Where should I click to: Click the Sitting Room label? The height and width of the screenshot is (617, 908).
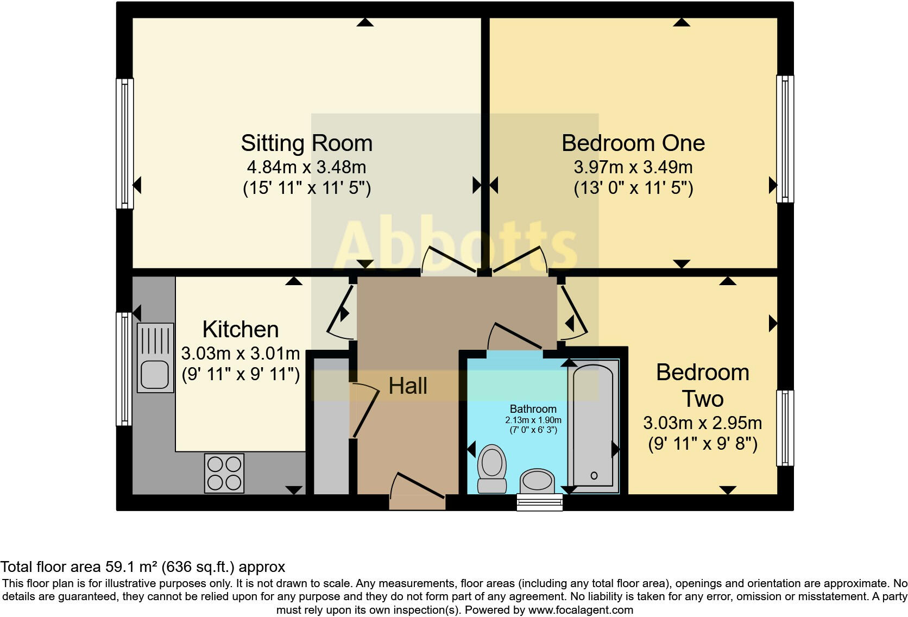(307, 143)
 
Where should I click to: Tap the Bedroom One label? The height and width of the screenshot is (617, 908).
(633, 143)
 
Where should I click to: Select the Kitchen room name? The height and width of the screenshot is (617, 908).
(241, 330)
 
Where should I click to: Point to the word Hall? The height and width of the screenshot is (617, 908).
(408, 386)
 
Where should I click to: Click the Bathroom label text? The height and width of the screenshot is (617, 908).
(533, 409)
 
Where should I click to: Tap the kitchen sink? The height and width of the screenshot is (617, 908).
(155, 357)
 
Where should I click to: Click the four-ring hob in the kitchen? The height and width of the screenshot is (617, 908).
(224, 473)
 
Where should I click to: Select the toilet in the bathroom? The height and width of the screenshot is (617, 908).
(492, 468)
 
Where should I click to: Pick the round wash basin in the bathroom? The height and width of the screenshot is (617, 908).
(537, 481)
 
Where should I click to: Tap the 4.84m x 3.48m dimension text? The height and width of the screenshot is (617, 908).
(307, 167)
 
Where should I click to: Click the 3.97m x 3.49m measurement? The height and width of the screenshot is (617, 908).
(633, 167)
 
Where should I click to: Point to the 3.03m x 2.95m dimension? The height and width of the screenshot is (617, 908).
(702, 423)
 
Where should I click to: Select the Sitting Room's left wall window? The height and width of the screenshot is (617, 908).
(125, 143)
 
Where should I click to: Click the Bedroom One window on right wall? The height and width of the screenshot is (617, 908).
(785, 139)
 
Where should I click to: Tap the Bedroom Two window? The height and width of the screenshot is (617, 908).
(785, 428)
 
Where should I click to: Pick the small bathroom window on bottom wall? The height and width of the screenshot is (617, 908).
(539, 502)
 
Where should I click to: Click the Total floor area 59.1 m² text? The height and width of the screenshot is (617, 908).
(143, 567)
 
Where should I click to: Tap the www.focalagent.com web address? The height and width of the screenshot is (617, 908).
(581, 610)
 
